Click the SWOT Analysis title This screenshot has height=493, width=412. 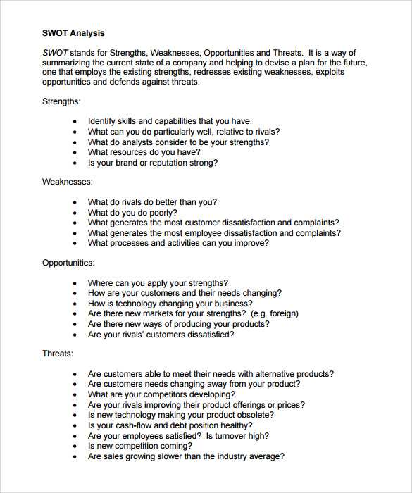point(73,33)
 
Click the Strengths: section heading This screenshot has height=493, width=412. point(61,101)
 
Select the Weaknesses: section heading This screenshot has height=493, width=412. point(67,182)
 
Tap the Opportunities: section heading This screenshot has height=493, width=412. point(68,263)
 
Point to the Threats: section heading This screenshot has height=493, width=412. point(57,354)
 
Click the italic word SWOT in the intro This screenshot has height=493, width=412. point(56,53)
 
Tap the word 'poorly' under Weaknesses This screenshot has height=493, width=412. point(163,213)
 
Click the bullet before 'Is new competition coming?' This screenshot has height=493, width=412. point(75,447)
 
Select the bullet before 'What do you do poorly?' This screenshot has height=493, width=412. point(75,213)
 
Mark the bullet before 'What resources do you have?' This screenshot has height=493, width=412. point(75,153)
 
